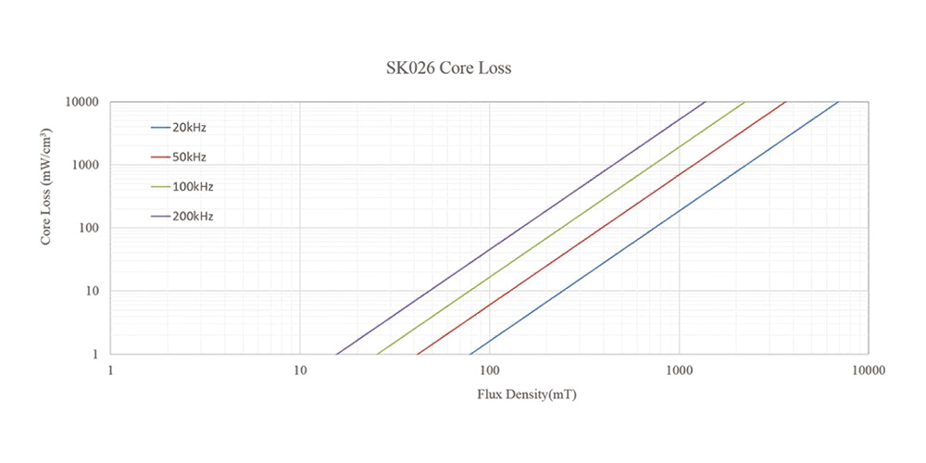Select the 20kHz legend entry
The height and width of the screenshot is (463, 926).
tap(189, 127)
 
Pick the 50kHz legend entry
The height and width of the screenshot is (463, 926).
tap(189, 156)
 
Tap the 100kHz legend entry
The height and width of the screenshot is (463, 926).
tap(192, 186)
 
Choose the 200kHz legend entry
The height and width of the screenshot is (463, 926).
tap(192, 217)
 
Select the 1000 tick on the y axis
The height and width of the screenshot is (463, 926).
tap(88, 165)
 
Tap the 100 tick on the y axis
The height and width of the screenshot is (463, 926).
tap(91, 228)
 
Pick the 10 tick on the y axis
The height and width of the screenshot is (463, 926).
tap(94, 291)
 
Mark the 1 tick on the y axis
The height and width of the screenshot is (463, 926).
tap(96, 354)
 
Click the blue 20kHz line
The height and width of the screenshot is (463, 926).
tap(654, 228)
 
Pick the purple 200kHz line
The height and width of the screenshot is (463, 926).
tap(520, 228)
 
